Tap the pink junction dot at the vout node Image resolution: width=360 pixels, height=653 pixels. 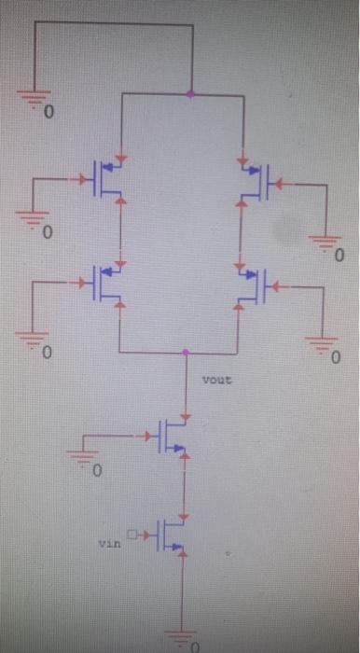186,353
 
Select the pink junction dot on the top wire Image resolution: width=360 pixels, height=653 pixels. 191,93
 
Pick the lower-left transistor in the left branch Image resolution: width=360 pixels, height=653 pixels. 108,284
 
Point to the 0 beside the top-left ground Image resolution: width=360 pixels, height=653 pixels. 50,114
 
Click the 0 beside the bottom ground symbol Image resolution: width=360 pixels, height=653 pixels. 196,646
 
